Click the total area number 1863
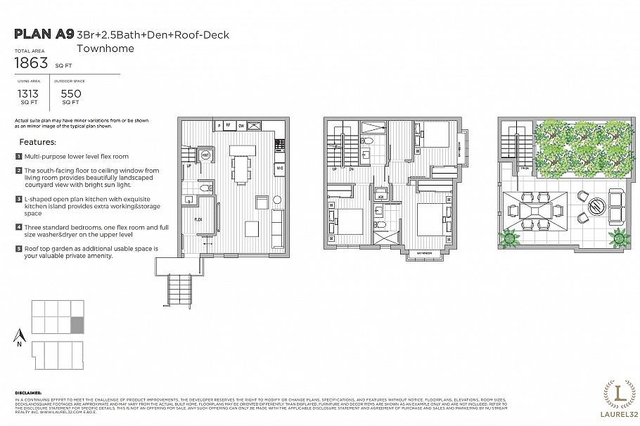[32, 63]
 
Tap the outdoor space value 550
[71, 93]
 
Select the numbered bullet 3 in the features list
[18, 200]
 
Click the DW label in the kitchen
[241, 126]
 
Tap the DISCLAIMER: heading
[27, 393]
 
